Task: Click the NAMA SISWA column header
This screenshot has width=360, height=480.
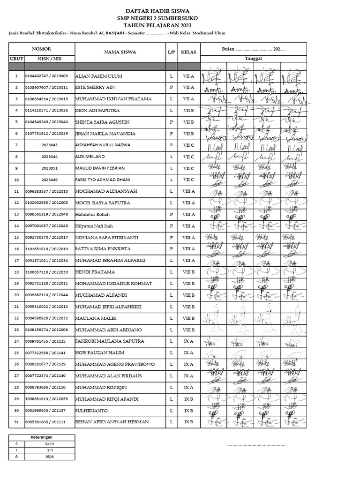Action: tap(120, 52)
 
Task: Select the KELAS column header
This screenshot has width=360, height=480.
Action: tap(188, 52)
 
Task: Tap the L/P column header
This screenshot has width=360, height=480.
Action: tap(171, 52)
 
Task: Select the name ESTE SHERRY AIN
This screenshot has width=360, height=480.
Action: tap(95, 88)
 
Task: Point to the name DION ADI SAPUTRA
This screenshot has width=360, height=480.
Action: tap(97, 111)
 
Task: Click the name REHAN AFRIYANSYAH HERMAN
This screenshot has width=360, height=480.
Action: tap(112, 422)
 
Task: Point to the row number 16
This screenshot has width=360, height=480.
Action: tap(16, 249)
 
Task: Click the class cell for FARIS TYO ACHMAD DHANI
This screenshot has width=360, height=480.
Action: tap(188, 180)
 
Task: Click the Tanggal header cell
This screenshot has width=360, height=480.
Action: tap(253, 59)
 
